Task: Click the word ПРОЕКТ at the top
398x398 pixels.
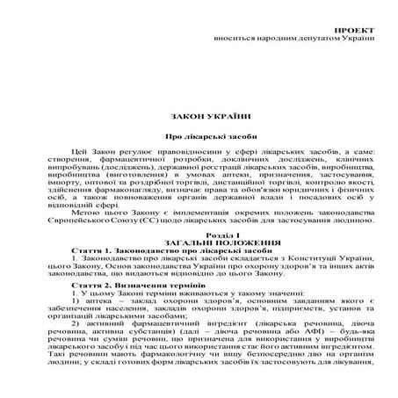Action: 353,31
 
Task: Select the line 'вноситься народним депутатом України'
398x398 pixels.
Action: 300,40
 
